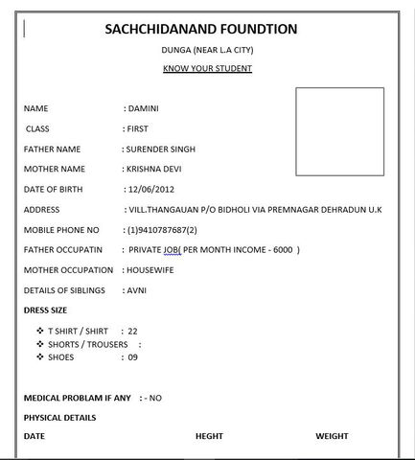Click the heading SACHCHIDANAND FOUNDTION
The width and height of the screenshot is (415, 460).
pos(201,30)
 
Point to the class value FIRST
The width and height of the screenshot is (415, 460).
pos(137,128)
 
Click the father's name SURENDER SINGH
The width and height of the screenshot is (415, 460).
pos(159,149)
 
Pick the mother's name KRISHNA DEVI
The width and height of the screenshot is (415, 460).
pos(152,169)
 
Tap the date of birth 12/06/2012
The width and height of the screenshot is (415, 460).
pos(153,189)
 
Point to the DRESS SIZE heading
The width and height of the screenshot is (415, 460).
pos(47,310)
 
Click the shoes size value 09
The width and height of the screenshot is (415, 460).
pos(132,356)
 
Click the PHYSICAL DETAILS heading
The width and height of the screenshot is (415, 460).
pos(59,417)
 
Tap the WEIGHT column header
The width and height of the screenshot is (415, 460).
pos(332,436)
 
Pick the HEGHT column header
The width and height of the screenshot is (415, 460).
pos(209,436)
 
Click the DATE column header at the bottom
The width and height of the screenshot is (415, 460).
pos(34,436)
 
